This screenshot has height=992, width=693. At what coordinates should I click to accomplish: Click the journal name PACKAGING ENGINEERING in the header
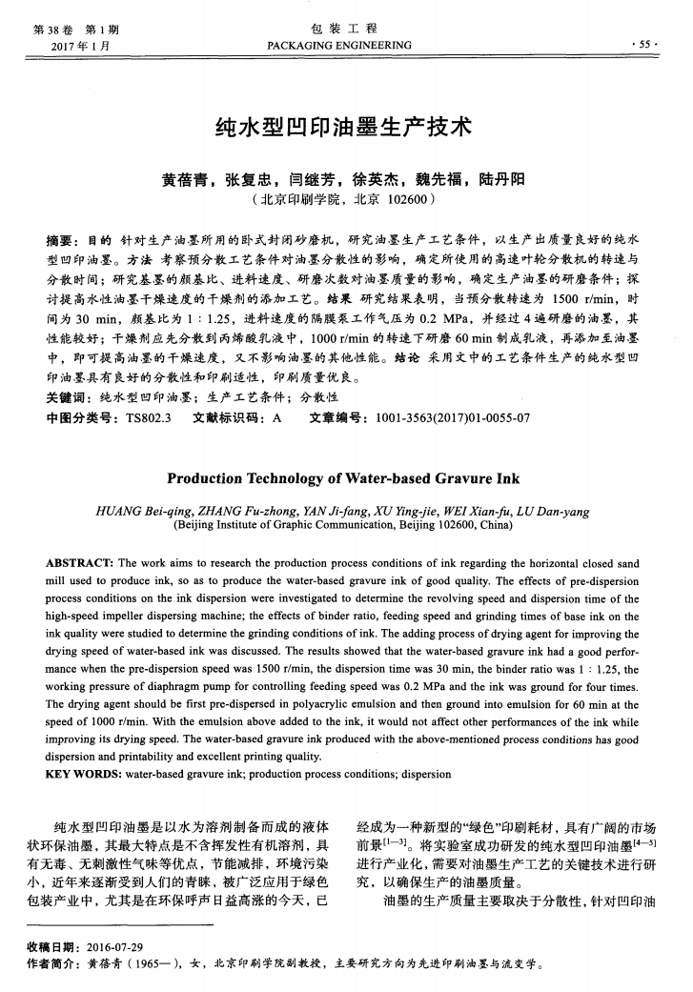point(339,46)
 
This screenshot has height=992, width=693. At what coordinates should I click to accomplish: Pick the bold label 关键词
point(68,397)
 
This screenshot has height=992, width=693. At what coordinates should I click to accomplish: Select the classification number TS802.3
point(147,416)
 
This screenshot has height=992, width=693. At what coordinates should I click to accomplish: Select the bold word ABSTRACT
point(79,564)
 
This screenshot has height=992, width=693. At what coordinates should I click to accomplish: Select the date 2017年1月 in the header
point(79,46)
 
